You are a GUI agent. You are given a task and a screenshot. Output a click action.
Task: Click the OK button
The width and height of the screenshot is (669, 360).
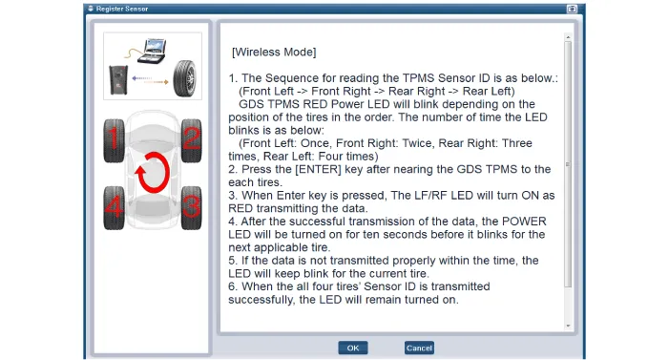pyautogui.click(x=353, y=348)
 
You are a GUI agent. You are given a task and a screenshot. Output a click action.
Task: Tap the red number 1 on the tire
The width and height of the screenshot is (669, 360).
pyautogui.click(x=114, y=138)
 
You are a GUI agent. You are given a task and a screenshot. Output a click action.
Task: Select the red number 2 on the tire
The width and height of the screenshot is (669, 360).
pyautogui.click(x=192, y=138)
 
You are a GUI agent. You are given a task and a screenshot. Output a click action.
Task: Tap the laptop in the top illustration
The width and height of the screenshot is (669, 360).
pyautogui.click(x=154, y=51)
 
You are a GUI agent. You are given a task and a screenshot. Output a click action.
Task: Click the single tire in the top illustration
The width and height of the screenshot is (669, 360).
pyautogui.click(x=185, y=77)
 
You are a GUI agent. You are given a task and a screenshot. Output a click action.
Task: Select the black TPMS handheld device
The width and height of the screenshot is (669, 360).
pyautogui.click(x=118, y=79)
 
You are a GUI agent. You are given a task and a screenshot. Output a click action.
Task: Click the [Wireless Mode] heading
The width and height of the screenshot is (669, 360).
pyautogui.click(x=274, y=53)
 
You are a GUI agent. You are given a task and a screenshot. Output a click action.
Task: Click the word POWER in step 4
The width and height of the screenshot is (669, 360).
pyautogui.click(x=524, y=222)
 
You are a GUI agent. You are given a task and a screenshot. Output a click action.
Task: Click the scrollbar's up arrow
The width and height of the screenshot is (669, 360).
pyautogui.click(x=568, y=37)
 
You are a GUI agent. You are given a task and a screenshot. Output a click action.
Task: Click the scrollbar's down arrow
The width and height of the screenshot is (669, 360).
pyautogui.click(x=568, y=326)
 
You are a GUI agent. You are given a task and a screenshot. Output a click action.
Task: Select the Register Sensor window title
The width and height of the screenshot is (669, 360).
pyautogui.click(x=122, y=9)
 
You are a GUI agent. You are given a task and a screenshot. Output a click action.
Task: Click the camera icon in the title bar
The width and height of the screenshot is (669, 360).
pyautogui.click(x=572, y=9)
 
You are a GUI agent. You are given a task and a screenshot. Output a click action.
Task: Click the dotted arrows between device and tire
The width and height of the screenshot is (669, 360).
pyautogui.click(x=150, y=80)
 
